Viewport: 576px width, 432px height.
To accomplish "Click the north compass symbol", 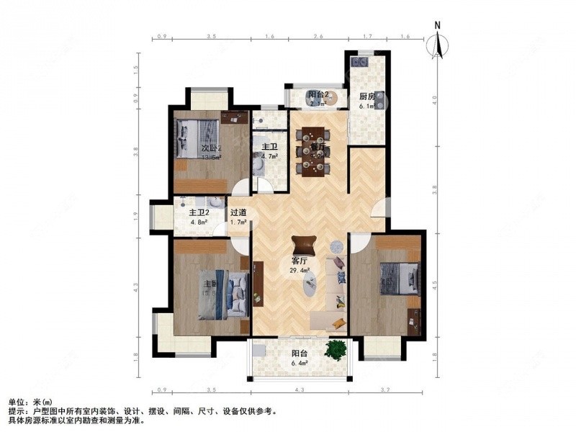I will click(436, 44).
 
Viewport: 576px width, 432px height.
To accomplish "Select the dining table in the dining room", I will click(312, 150).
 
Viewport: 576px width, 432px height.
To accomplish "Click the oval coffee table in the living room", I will click(310, 287).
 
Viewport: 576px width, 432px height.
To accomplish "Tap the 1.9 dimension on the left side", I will click(135, 215).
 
